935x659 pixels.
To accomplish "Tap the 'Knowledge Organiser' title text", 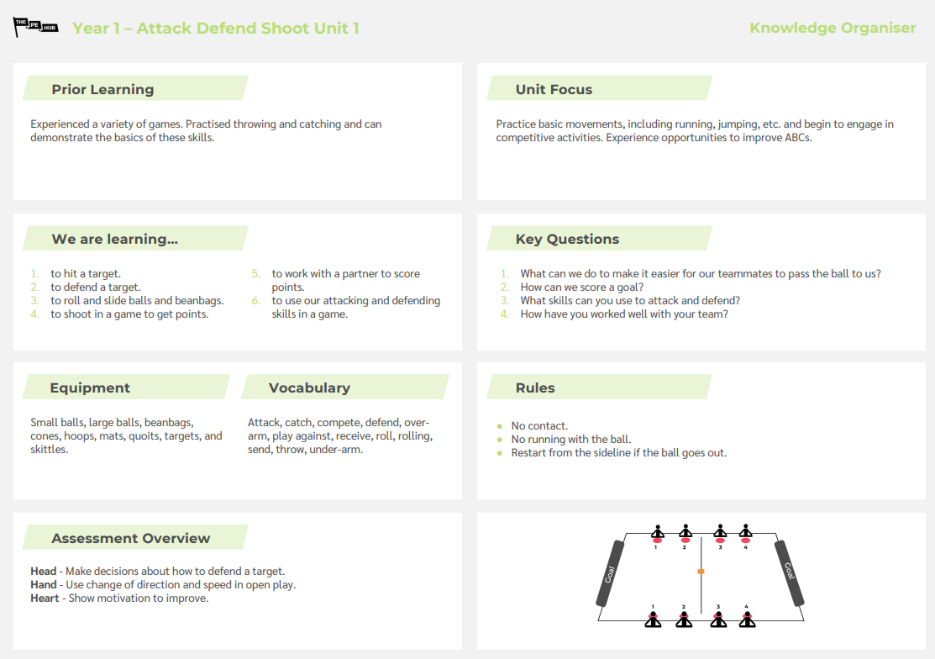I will (x=832, y=28).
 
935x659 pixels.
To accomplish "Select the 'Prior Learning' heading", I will (x=102, y=89).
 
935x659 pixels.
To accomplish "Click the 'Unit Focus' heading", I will (x=554, y=89).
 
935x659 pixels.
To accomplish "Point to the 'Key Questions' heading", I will (x=567, y=239).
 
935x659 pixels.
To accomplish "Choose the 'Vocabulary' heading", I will (x=309, y=387).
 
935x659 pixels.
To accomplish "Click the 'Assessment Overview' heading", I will (x=131, y=538).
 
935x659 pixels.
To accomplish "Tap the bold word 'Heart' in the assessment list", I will (x=45, y=598).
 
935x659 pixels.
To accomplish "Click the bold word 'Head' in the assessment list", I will (x=44, y=572).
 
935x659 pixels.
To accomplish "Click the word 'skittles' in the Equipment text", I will (x=49, y=450).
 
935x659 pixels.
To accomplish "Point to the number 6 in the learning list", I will (x=255, y=300).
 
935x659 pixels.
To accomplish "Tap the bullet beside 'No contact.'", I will (x=500, y=426).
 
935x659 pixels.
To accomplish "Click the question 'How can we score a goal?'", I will (x=582, y=287).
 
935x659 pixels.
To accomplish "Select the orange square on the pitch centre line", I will (x=701, y=572).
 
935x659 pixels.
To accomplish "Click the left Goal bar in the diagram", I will (x=610, y=573).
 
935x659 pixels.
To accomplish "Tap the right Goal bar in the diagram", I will (x=789, y=573).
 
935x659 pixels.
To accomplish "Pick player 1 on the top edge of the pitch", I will (x=658, y=532).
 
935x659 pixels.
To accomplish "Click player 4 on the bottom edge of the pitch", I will (x=746, y=619).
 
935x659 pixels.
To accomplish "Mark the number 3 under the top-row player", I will (x=720, y=547).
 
